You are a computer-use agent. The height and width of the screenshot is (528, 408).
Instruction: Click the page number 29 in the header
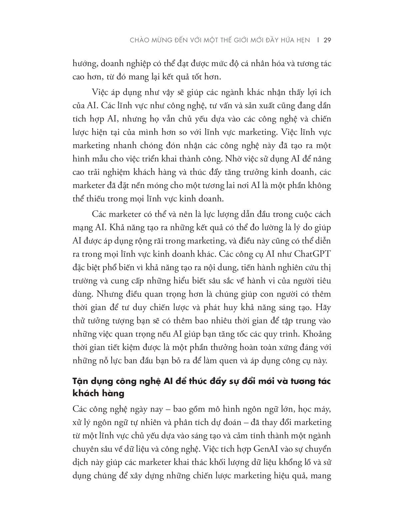[327, 41]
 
